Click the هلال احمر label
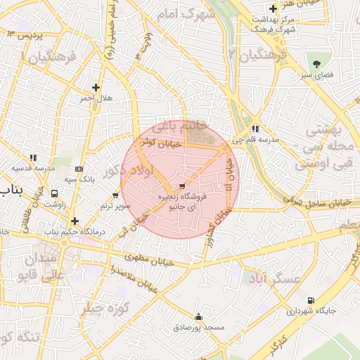point(91,100)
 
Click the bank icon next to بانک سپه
point(79,169)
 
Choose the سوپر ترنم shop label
point(116,205)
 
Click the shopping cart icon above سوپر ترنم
point(116,195)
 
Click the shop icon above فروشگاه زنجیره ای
point(182,186)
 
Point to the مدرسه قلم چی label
point(260,139)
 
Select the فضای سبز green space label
point(318,73)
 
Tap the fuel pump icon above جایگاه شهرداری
point(310,300)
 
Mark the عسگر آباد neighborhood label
point(274,280)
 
